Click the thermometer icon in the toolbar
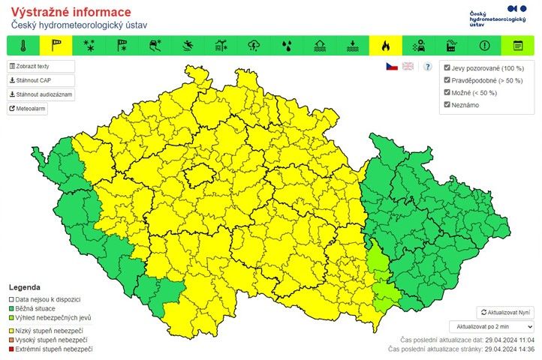pyautogui.click(x=24, y=45)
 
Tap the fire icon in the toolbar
pyautogui.click(x=386, y=45)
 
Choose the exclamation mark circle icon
pyautogui.click(x=484, y=45)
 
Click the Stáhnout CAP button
pyautogui.click(x=31, y=80)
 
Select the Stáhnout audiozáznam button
pyautogui.click(x=41, y=94)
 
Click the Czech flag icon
pyautogui.click(x=392, y=67)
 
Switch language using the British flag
pyautogui.click(x=408, y=67)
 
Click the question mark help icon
pyautogui.click(x=427, y=67)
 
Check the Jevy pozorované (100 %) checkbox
pyautogui.click(x=447, y=68)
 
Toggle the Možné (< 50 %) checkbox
pyautogui.click(x=447, y=92)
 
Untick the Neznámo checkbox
pyautogui.click(x=447, y=104)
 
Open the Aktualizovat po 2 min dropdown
pyautogui.click(x=491, y=327)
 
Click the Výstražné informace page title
pyautogui.click(x=71, y=12)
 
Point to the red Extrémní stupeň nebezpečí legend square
pyautogui.click(x=12, y=349)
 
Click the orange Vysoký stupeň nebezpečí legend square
pyautogui.click(x=12, y=340)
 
